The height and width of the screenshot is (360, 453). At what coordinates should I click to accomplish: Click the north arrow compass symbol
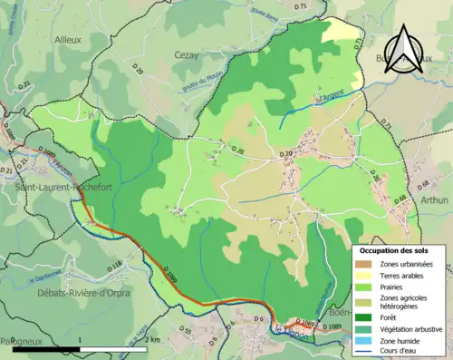[404, 48]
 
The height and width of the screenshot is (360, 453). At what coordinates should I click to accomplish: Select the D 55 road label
[188, 329]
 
